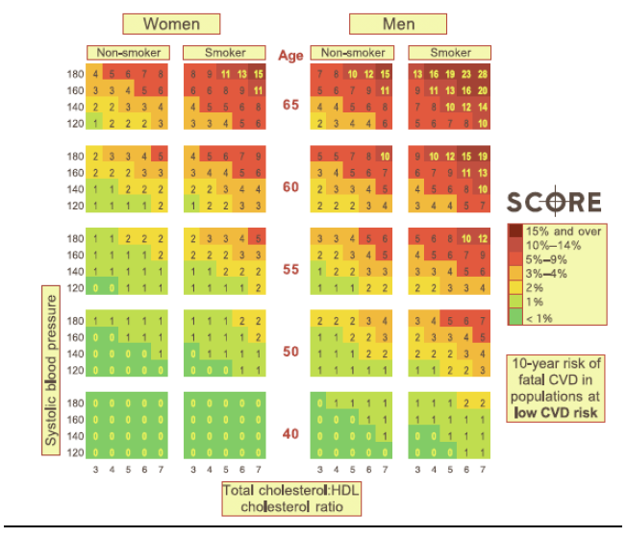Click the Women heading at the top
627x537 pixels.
[171, 23]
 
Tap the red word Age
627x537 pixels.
[290, 55]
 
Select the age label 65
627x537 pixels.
[290, 104]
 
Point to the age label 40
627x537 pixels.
[290, 433]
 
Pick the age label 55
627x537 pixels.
[290, 270]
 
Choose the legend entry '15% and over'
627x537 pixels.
[564, 232]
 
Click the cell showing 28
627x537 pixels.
[483, 74]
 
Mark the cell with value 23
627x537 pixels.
[466, 74]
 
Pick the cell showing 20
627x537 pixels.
[483, 90]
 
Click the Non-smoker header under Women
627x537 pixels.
[127, 53]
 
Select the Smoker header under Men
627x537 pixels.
[450, 53]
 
